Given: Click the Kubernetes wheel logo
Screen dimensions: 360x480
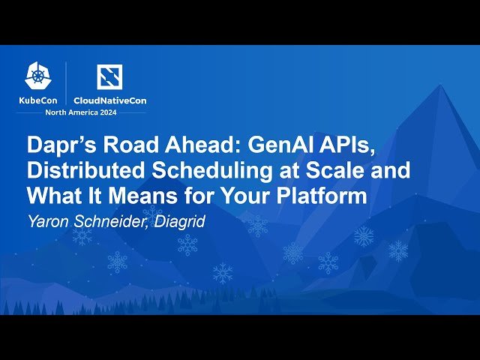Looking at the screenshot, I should point(37,75).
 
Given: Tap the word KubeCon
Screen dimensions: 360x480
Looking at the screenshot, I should point(38,100).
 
